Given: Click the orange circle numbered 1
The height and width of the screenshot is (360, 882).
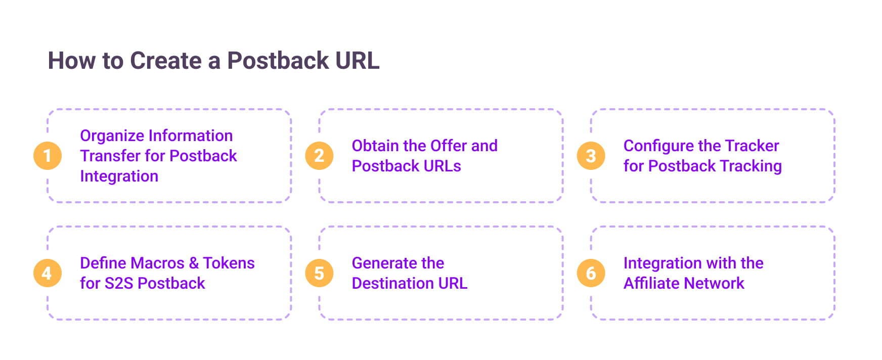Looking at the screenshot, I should pos(48,156).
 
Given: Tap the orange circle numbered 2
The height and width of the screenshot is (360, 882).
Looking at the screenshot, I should pos(319,156).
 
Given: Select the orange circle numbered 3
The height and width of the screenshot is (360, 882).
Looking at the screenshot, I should pos(591,156).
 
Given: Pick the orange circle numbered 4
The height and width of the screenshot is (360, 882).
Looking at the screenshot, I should pos(48,273).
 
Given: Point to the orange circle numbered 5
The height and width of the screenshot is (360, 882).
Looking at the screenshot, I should pos(319,273).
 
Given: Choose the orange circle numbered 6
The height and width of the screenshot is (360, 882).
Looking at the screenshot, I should pos(591,273).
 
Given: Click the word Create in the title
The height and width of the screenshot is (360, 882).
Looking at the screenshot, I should pos(166,61).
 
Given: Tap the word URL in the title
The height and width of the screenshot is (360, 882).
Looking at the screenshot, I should pos(357,61).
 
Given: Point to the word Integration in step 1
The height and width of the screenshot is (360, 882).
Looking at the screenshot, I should pos(119,176).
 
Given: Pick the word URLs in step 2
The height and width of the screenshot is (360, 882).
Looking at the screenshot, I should pos(443,166).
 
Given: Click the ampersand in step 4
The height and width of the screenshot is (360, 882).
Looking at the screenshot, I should pos(194,263).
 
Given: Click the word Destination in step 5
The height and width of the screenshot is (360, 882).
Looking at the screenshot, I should pos(392,283).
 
